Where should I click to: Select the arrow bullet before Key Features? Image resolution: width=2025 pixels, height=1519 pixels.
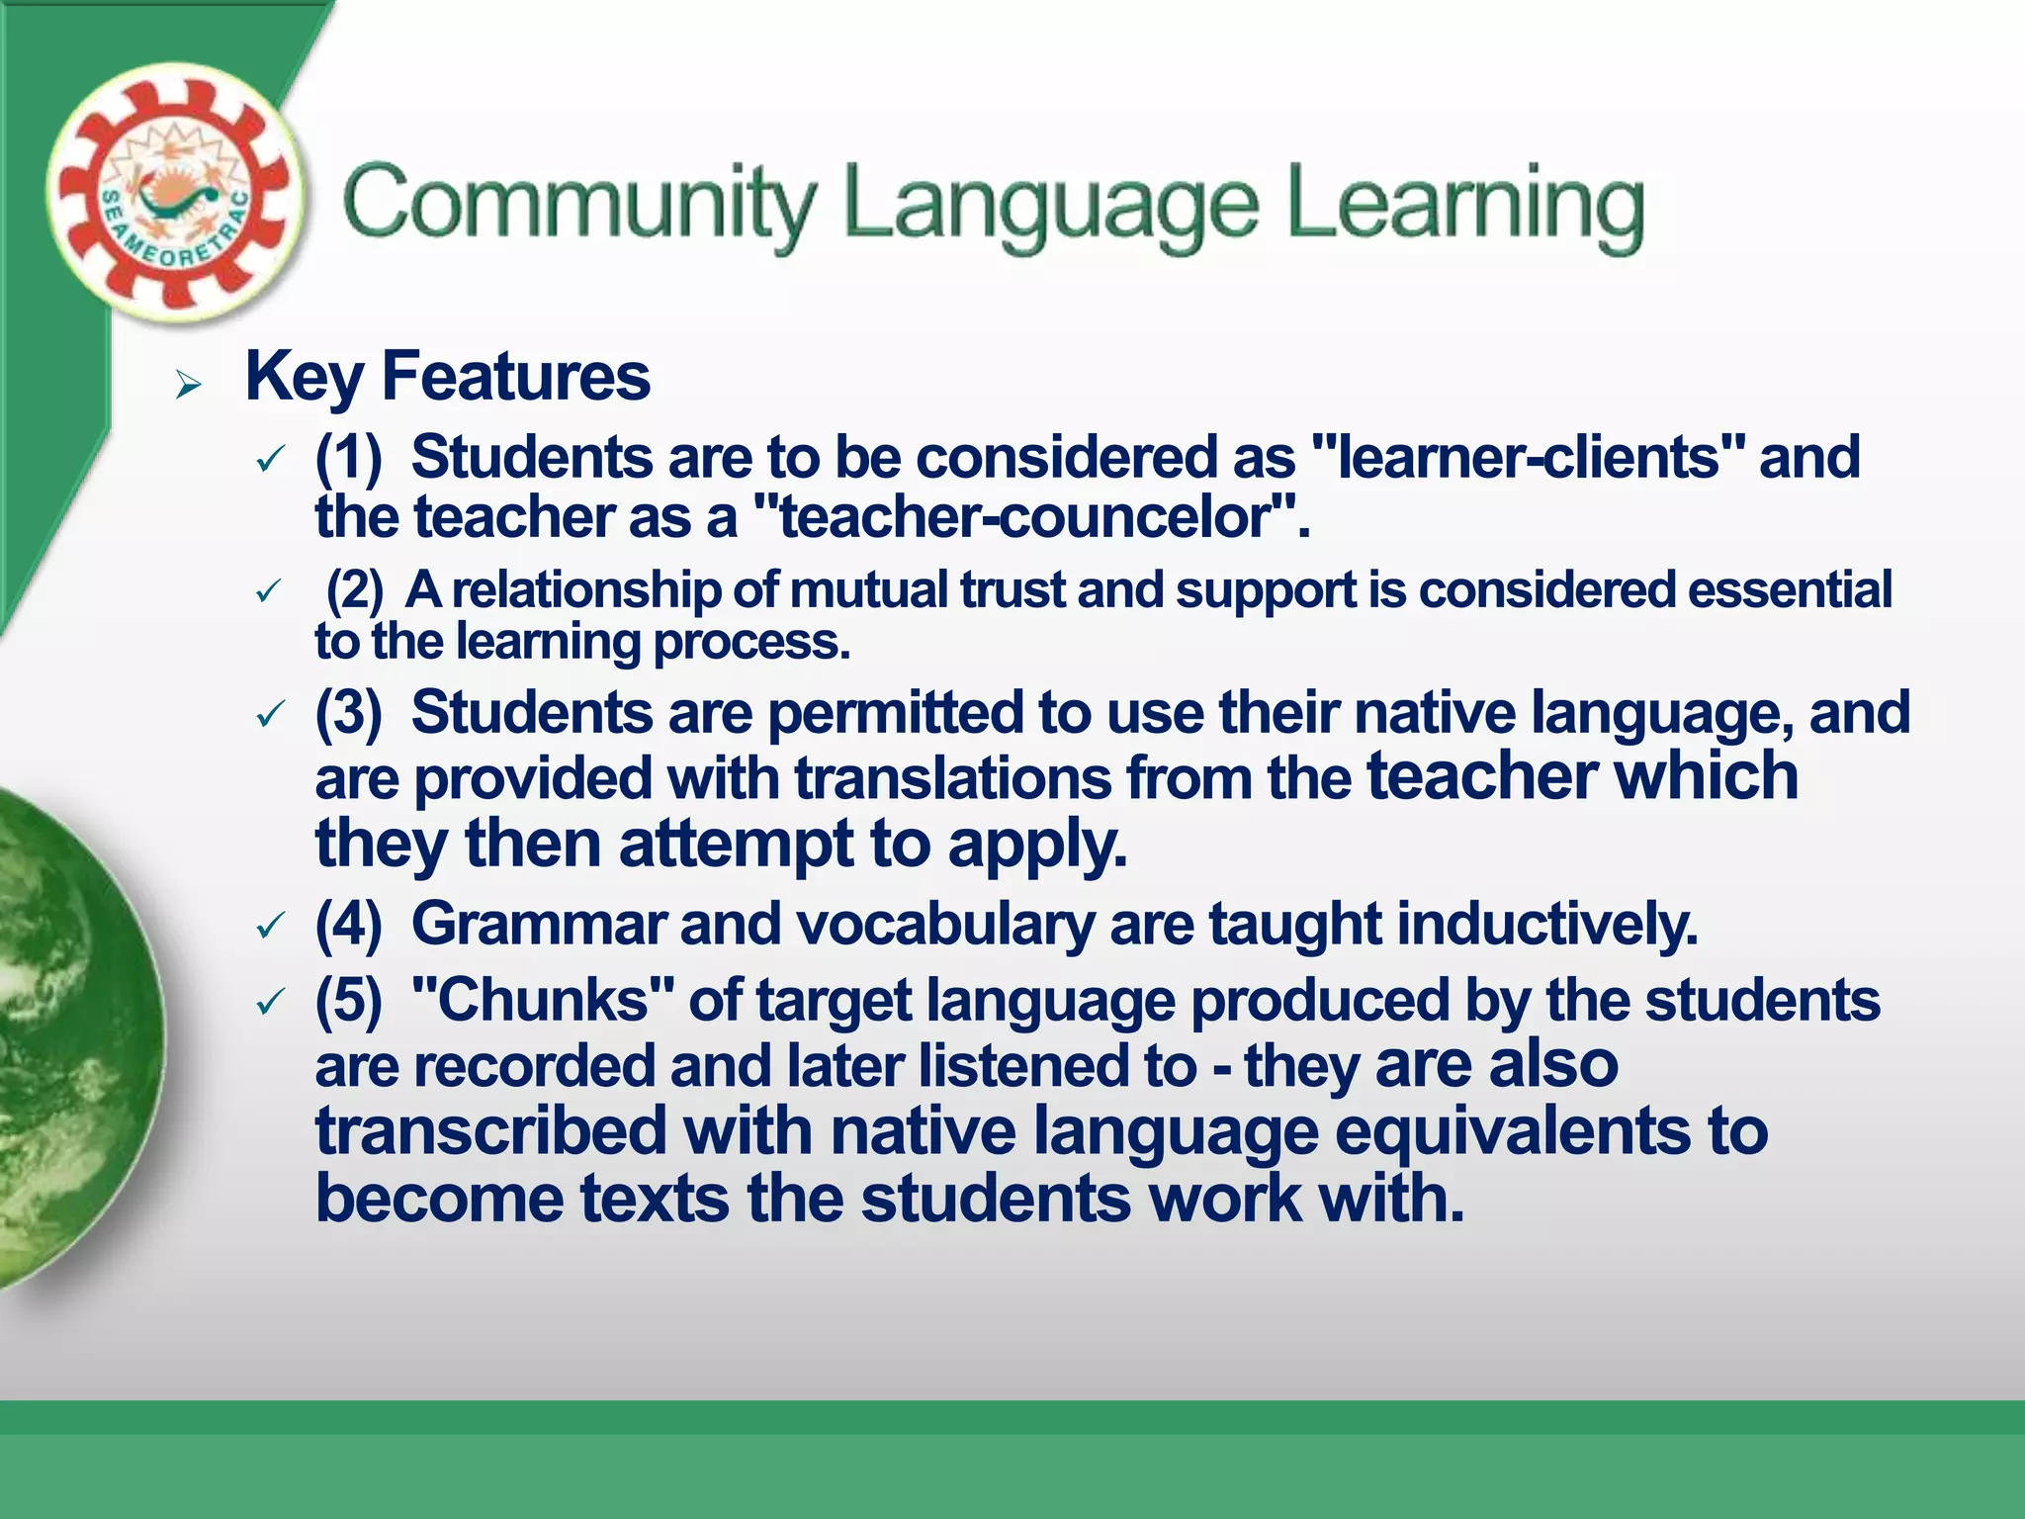[x=188, y=384]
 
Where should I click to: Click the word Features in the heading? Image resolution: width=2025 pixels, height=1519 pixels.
[x=515, y=377]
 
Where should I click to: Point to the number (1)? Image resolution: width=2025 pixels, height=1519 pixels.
[x=348, y=458]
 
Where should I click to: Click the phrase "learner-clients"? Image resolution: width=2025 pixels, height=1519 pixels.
[x=1527, y=458]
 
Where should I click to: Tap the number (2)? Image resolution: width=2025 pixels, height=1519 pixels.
[x=354, y=590]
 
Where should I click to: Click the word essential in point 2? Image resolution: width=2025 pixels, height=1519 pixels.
[x=1790, y=590]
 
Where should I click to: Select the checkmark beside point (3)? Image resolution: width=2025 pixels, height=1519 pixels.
[x=270, y=714]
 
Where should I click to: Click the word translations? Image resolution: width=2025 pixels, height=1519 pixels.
[x=953, y=778]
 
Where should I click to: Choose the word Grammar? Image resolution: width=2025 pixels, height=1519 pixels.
[x=538, y=925]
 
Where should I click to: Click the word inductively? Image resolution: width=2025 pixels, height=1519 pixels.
[x=1547, y=925]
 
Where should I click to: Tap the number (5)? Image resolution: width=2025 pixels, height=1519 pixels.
[x=348, y=1001]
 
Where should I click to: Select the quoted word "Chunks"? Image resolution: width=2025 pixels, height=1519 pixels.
[x=543, y=1001]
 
